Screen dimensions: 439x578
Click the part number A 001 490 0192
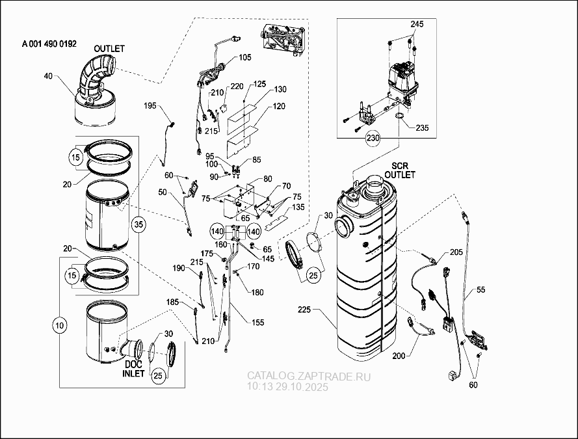[49, 44]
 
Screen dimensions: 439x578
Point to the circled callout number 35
[138, 224]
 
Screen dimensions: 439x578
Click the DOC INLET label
[134, 369]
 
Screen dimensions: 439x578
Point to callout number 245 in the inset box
[416, 24]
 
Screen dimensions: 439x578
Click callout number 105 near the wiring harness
[244, 58]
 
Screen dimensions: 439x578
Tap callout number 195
[150, 106]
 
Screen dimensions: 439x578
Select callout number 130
[280, 89]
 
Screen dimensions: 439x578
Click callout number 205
[454, 252]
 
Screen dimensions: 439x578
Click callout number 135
[298, 208]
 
